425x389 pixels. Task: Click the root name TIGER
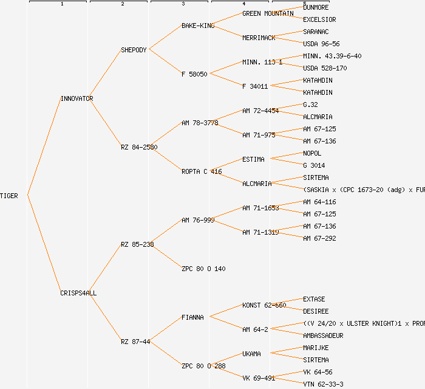tap(9, 196)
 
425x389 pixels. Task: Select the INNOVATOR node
tap(76, 98)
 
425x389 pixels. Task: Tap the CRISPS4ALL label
tap(78, 293)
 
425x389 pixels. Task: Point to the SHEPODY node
tap(134, 50)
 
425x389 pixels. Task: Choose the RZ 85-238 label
tap(137, 244)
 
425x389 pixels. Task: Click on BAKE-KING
tap(198, 26)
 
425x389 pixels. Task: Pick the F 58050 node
tap(194, 74)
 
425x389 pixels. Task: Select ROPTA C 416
tap(202, 171)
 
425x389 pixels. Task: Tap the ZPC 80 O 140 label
tap(203, 269)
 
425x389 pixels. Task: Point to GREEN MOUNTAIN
tap(268, 13)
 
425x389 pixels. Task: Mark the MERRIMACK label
tap(259, 38)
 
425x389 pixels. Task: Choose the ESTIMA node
tap(253, 159)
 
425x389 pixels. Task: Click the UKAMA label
tap(251, 354)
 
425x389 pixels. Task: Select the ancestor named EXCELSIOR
tap(319, 19)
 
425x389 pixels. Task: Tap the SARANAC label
tap(316, 32)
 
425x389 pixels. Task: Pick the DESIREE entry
tap(316, 311)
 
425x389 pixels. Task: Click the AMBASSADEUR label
tap(323, 336)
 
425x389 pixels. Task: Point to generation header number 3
tap(183, 4)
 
